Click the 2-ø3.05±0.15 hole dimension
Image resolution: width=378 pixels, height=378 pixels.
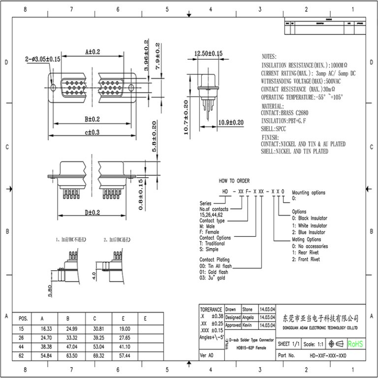tap(43, 59)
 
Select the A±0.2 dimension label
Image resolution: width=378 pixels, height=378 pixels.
tap(92, 51)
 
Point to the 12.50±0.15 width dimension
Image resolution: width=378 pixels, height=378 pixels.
tap(208, 53)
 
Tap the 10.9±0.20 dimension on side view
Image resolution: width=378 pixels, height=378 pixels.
tap(231, 122)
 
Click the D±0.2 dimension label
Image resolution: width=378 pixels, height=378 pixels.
tap(92, 213)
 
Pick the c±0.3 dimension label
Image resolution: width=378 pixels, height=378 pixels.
tap(92, 132)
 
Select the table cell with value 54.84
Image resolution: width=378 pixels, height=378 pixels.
tap(46, 354)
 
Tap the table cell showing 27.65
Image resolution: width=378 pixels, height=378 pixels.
tap(125, 337)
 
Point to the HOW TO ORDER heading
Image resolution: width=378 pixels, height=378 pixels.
tap(234, 181)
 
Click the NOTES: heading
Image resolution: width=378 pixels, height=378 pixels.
tap(269, 57)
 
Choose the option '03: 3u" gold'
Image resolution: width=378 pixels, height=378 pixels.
tap(213, 278)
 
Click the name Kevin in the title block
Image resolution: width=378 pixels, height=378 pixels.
tap(247, 325)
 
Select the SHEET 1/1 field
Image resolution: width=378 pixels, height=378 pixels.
tap(289, 344)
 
